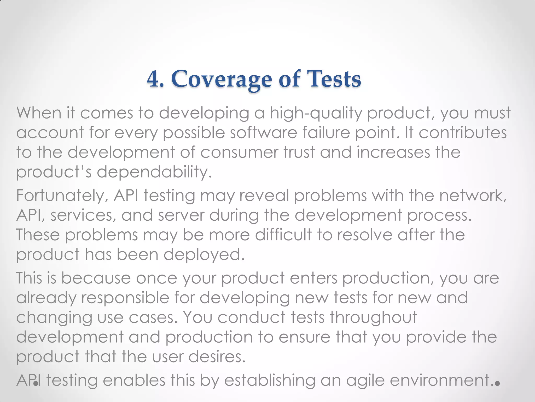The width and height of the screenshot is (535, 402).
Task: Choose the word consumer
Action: point(239,152)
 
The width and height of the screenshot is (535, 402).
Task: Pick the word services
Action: point(82,215)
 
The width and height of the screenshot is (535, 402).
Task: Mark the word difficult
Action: point(283,234)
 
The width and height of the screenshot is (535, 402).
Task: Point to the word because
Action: point(96,278)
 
